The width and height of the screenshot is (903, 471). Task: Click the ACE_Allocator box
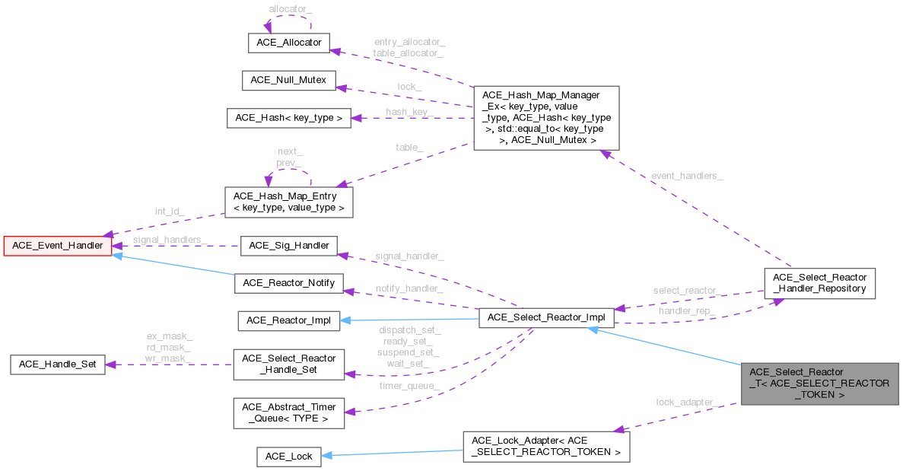pyautogui.click(x=289, y=43)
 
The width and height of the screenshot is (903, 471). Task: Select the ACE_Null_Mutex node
pyautogui.click(x=288, y=80)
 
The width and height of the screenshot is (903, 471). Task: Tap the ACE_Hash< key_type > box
pyautogui.click(x=289, y=118)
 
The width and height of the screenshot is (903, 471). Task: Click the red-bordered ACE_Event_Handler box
pyautogui.click(x=58, y=245)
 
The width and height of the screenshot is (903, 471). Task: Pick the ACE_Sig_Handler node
pyautogui.click(x=288, y=245)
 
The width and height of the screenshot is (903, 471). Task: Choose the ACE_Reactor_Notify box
pyautogui.click(x=288, y=283)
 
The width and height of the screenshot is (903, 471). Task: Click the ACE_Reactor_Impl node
pyautogui.click(x=288, y=320)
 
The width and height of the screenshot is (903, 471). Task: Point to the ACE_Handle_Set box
pyautogui.click(x=58, y=364)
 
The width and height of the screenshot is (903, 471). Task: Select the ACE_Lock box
pyautogui.click(x=288, y=456)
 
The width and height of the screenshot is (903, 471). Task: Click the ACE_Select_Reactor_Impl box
pyautogui.click(x=545, y=320)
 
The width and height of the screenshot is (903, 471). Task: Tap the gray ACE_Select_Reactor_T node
pyautogui.click(x=820, y=383)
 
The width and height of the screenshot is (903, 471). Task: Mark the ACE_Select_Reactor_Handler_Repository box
pyautogui.click(x=819, y=283)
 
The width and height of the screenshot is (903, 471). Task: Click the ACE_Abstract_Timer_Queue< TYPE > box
pyautogui.click(x=288, y=412)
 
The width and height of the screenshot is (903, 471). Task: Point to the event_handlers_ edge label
pyautogui.click(x=687, y=176)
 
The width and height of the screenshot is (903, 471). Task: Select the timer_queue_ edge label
pyautogui.click(x=410, y=386)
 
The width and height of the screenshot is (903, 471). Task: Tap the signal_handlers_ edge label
pyautogui.click(x=170, y=240)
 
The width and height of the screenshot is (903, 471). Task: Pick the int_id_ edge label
pyautogui.click(x=170, y=211)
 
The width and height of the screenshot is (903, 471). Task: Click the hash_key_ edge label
pyautogui.click(x=409, y=112)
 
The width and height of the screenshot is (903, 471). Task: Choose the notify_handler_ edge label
pyautogui.click(x=409, y=289)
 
